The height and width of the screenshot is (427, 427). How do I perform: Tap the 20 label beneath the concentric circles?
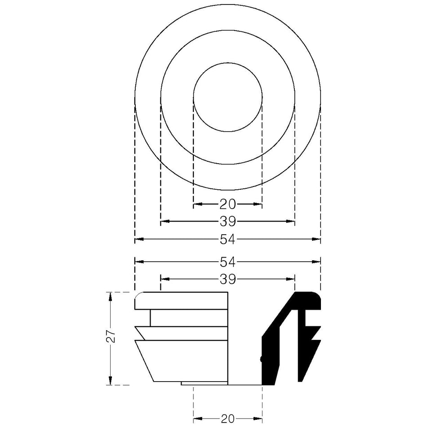(x=228, y=204)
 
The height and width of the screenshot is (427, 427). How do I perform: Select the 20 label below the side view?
(x=228, y=419)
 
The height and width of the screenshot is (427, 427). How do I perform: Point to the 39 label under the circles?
(x=228, y=222)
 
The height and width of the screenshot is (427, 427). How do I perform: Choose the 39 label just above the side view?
(x=228, y=279)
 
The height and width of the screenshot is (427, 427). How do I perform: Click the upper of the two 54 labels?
(x=228, y=240)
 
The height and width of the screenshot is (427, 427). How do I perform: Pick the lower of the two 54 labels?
(x=228, y=262)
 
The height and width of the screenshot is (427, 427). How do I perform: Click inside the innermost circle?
(x=228, y=98)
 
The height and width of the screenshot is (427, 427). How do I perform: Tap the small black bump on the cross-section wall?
(x=262, y=359)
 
